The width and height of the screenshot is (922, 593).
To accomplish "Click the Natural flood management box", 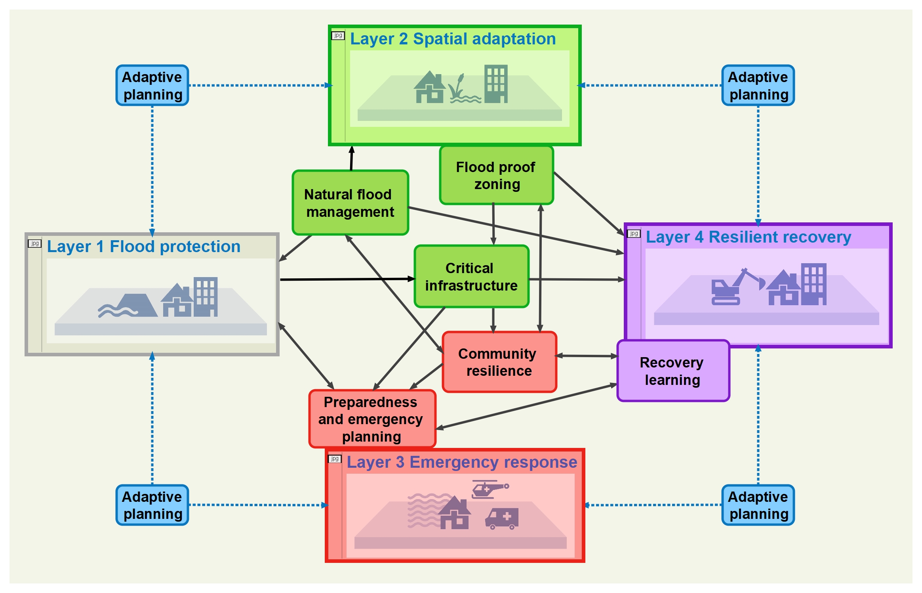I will [350, 203].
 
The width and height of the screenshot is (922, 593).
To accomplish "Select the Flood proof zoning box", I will [496, 175].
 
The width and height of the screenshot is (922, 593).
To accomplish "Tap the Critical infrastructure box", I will [471, 276].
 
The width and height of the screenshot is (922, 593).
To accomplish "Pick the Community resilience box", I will [499, 362].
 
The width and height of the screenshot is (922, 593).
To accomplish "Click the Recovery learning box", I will [673, 371].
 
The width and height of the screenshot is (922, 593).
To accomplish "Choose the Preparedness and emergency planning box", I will [372, 419].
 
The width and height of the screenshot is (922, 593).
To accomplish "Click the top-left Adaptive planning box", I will [152, 86].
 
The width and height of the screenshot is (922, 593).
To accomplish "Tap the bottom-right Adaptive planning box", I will [758, 505].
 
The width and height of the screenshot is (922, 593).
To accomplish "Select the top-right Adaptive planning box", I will [758, 86].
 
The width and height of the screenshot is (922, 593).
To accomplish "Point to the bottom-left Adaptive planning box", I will [152, 505].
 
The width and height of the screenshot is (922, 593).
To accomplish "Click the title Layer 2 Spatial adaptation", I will [453, 39].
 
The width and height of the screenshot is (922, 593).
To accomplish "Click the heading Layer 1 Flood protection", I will [143, 247].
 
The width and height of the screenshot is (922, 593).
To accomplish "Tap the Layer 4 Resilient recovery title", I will [748, 237].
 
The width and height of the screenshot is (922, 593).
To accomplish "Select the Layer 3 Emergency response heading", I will [462, 462].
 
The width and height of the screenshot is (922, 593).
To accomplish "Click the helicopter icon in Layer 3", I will [490, 489].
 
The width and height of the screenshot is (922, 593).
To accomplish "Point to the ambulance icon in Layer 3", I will [502, 518].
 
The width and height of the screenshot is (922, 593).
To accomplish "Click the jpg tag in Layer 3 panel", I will [335, 459].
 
